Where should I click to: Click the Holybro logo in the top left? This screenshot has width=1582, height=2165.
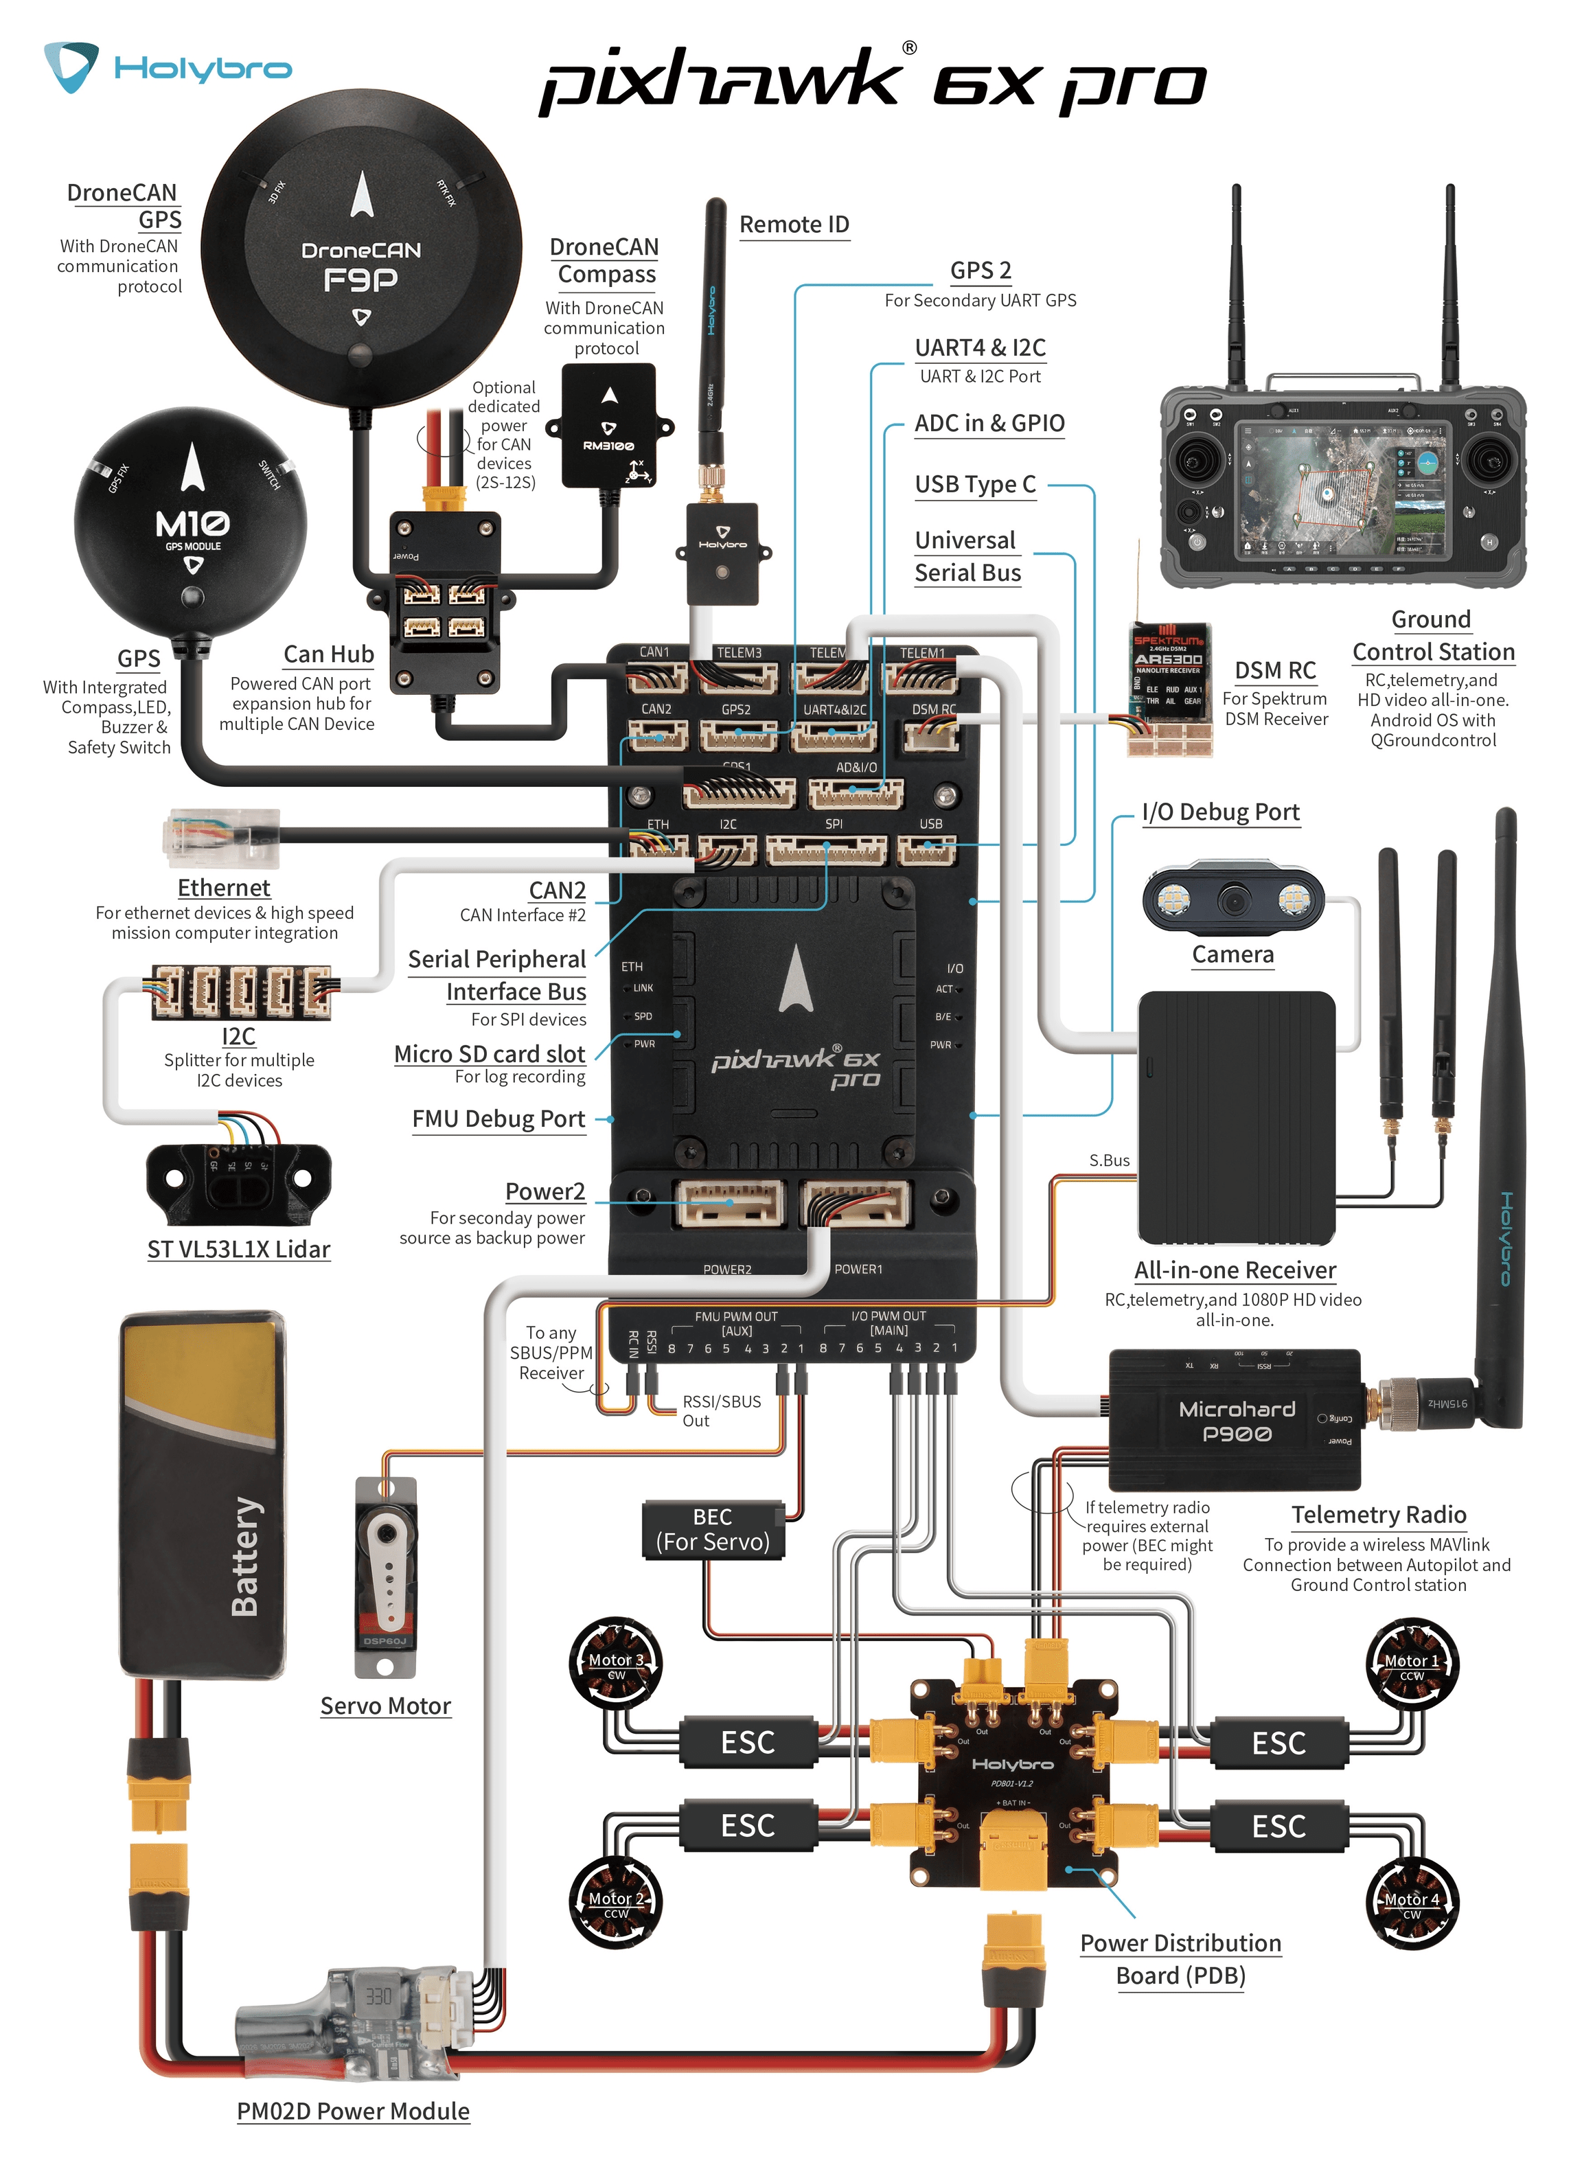click(167, 67)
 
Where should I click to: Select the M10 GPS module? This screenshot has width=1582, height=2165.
click(192, 522)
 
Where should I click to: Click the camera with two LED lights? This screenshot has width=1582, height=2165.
click(1233, 898)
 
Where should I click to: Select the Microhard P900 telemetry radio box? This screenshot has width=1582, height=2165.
click(1235, 1420)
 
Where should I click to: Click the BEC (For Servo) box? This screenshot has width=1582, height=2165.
click(713, 1529)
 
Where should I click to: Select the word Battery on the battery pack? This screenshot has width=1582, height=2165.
click(245, 1556)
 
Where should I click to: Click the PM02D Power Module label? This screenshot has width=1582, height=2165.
click(354, 2111)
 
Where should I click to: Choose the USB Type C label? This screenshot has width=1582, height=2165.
click(975, 485)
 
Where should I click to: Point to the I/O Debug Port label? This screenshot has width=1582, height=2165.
click(1220, 812)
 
